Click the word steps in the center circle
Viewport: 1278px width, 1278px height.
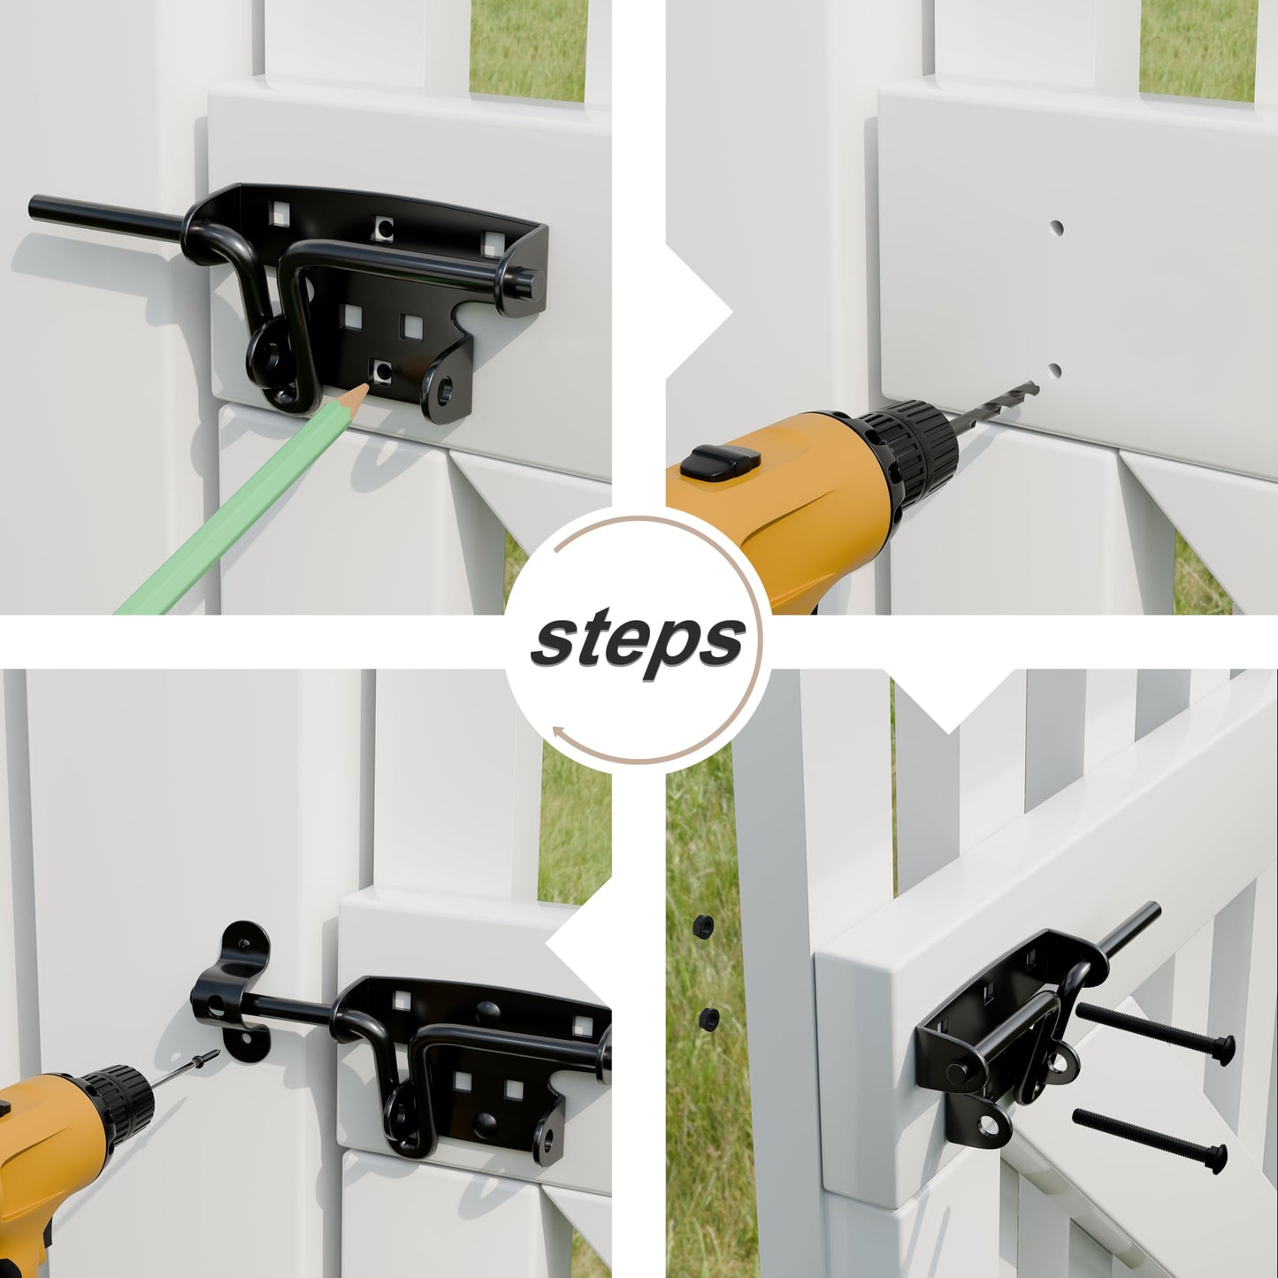click(x=638, y=639)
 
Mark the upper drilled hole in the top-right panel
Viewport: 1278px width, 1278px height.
click(x=1055, y=227)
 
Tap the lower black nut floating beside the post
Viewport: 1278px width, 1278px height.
click(x=706, y=1019)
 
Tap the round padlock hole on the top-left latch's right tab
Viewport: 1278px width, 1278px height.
click(x=444, y=390)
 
